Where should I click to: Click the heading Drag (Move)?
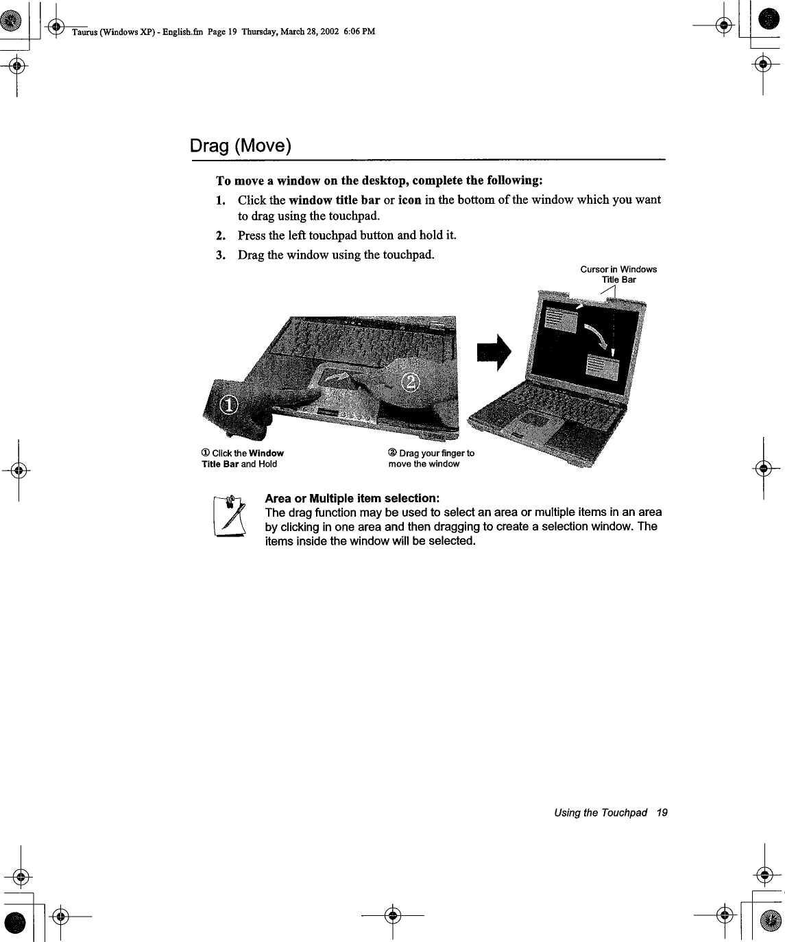pos(241,146)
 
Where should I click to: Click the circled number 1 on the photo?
pos(228,407)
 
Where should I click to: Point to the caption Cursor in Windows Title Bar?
pos(618,274)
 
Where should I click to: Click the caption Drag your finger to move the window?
pos(431,458)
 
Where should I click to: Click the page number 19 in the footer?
pos(661,813)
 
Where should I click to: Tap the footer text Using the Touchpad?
pos(601,813)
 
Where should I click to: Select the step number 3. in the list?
pos(220,255)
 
